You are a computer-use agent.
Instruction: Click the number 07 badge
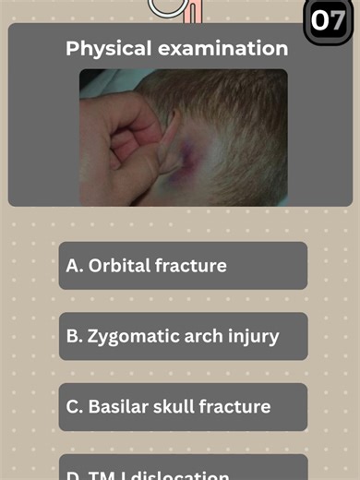[330, 19]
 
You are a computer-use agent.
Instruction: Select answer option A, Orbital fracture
[183, 266]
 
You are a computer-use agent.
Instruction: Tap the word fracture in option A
[191, 266]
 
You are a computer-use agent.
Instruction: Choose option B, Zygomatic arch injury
[183, 336]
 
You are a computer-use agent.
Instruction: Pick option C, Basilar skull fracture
[183, 407]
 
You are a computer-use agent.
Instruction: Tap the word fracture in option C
[236, 407]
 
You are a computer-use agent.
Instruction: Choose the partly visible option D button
[183, 469]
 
